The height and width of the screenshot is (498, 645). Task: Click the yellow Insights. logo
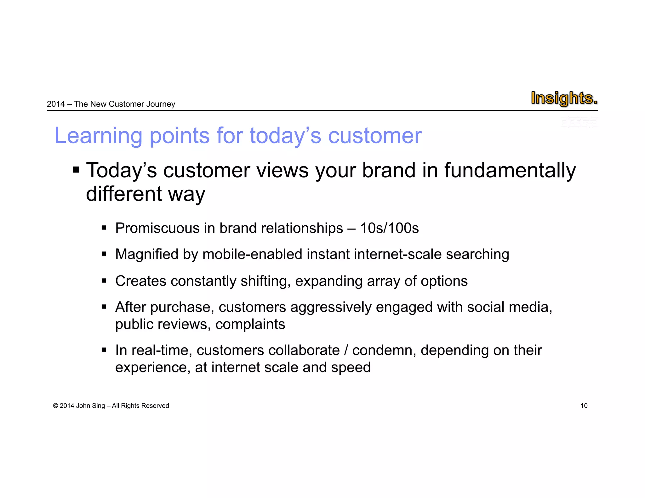564,98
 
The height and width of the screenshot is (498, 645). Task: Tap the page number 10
584,406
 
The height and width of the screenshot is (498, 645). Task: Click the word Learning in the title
99,136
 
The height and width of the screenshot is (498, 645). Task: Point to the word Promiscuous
157,228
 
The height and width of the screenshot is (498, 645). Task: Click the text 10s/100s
389,228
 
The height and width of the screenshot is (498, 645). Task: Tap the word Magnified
147,254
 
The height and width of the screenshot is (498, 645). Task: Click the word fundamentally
510,171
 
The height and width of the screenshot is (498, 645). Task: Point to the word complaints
250,324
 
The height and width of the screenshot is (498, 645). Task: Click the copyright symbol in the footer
56,406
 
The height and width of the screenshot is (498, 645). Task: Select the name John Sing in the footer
90,406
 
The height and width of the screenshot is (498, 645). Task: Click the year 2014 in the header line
56,104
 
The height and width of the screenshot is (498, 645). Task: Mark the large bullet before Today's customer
76,170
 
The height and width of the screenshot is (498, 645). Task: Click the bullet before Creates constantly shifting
104,281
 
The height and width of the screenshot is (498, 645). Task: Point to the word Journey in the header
163,104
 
